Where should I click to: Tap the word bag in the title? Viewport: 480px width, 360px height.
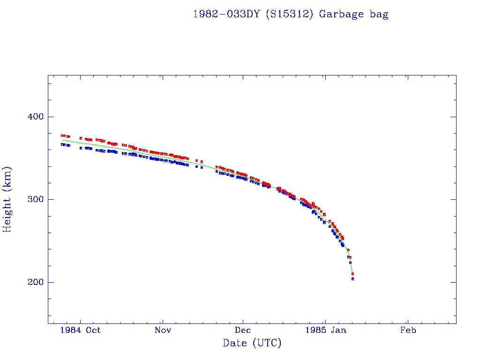pyautogui.click(x=378, y=14)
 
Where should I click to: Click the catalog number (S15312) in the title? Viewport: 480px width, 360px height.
pyautogui.click(x=289, y=14)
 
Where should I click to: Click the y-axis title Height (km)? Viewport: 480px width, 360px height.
pyautogui.click(x=7, y=199)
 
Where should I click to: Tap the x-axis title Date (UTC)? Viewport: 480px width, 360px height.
pyautogui.click(x=252, y=343)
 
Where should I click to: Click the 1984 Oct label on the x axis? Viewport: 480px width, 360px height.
pyautogui.click(x=81, y=330)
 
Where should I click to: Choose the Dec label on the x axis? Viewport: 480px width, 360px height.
pyautogui.click(x=243, y=330)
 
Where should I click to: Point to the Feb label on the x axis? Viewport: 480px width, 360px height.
pyautogui.click(x=408, y=330)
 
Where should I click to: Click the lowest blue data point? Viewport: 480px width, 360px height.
pyautogui.click(x=352, y=279)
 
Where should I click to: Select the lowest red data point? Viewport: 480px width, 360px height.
pyautogui.click(x=352, y=274)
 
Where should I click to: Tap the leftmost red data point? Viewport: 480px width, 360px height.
pyautogui.click(x=62, y=135)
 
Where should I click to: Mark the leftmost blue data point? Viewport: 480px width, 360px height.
pyautogui.click(x=62, y=144)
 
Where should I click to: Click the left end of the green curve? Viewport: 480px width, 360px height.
pyautogui.click(x=62, y=140)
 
